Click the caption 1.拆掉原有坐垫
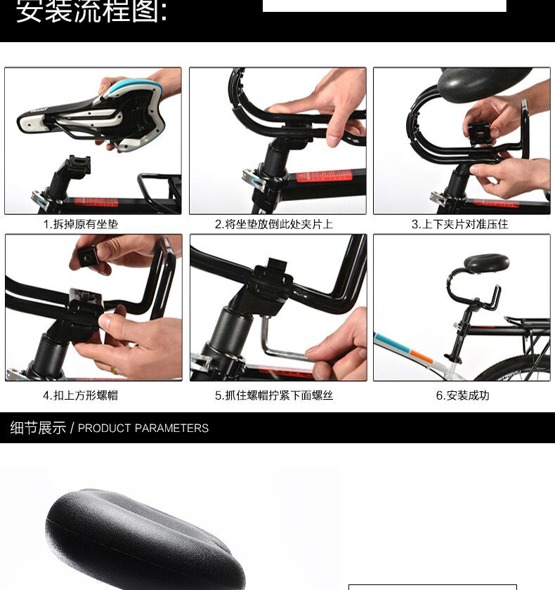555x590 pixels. [81, 224]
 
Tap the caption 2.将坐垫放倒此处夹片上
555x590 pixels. [274, 224]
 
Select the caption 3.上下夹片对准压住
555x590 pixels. [459, 224]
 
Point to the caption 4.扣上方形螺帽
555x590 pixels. [81, 395]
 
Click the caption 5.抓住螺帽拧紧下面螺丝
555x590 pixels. [274, 395]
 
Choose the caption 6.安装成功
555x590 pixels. [462, 395]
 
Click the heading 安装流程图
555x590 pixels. [91, 12]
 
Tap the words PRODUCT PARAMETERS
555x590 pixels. [143, 428]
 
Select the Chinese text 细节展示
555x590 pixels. [38, 428]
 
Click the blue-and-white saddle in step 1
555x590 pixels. [98, 112]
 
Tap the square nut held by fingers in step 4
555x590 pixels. [89, 256]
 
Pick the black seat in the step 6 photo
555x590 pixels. [486, 263]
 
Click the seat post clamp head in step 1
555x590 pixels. [78, 166]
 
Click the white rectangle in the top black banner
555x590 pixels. [384, 6]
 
